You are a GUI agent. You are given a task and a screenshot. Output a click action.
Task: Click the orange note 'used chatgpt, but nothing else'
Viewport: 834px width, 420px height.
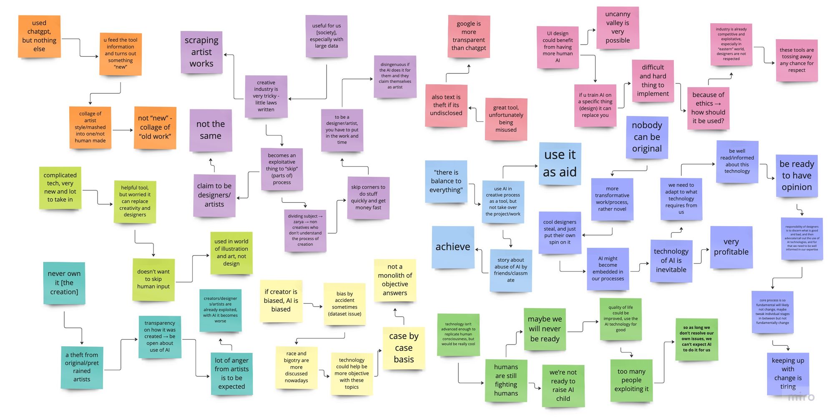(39, 36)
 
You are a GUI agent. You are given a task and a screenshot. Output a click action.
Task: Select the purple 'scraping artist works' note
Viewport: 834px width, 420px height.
(201, 52)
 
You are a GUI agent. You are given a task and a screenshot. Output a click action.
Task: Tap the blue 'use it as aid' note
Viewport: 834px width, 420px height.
(560, 163)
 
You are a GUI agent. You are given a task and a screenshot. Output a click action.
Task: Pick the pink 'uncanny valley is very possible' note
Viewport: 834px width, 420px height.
(618, 28)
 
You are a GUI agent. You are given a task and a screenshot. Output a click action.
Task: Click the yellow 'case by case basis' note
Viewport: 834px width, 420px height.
(404, 348)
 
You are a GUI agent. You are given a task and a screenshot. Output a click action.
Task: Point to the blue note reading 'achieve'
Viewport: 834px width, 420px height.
(453, 247)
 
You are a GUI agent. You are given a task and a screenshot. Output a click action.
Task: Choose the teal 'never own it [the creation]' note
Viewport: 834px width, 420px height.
(64, 283)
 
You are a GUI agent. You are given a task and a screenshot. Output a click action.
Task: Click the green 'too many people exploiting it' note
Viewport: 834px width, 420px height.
(631, 380)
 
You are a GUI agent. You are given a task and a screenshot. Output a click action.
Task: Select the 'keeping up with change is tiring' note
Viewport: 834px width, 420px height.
(788, 373)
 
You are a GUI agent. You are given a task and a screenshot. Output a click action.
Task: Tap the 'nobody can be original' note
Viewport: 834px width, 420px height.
(647, 137)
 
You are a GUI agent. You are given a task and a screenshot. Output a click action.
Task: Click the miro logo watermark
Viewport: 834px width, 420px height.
(801, 397)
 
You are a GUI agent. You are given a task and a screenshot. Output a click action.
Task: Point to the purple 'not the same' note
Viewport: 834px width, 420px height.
(211, 130)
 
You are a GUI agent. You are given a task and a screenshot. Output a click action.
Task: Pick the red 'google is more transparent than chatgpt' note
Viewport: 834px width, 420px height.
(469, 36)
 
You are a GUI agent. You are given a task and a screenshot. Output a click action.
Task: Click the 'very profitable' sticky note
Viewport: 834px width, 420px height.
(731, 247)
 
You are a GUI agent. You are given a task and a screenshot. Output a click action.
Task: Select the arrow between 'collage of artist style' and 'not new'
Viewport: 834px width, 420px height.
(123, 130)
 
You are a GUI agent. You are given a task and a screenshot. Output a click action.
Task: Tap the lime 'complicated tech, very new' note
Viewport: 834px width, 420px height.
(60, 188)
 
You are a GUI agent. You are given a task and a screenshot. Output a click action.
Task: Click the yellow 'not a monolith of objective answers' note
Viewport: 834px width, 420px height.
(395, 280)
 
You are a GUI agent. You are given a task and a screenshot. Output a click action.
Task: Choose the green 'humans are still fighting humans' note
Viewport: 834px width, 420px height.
(506, 380)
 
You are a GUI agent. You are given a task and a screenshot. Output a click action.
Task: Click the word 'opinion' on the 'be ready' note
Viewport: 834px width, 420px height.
(796, 187)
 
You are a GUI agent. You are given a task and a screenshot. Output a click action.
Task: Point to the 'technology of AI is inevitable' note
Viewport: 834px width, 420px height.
(671, 261)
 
